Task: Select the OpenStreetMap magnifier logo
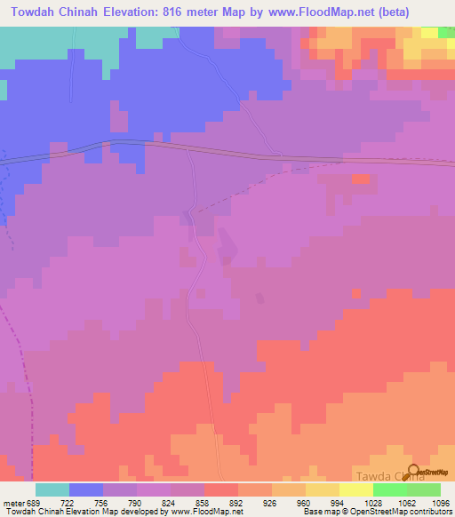tap(416, 472)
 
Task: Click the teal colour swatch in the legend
tap(52, 489)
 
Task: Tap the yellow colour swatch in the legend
tap(356, 489)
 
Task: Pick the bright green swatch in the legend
tap(390, 489)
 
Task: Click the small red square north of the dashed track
tap(360, 179)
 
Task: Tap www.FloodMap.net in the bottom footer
tap(196, 512)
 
